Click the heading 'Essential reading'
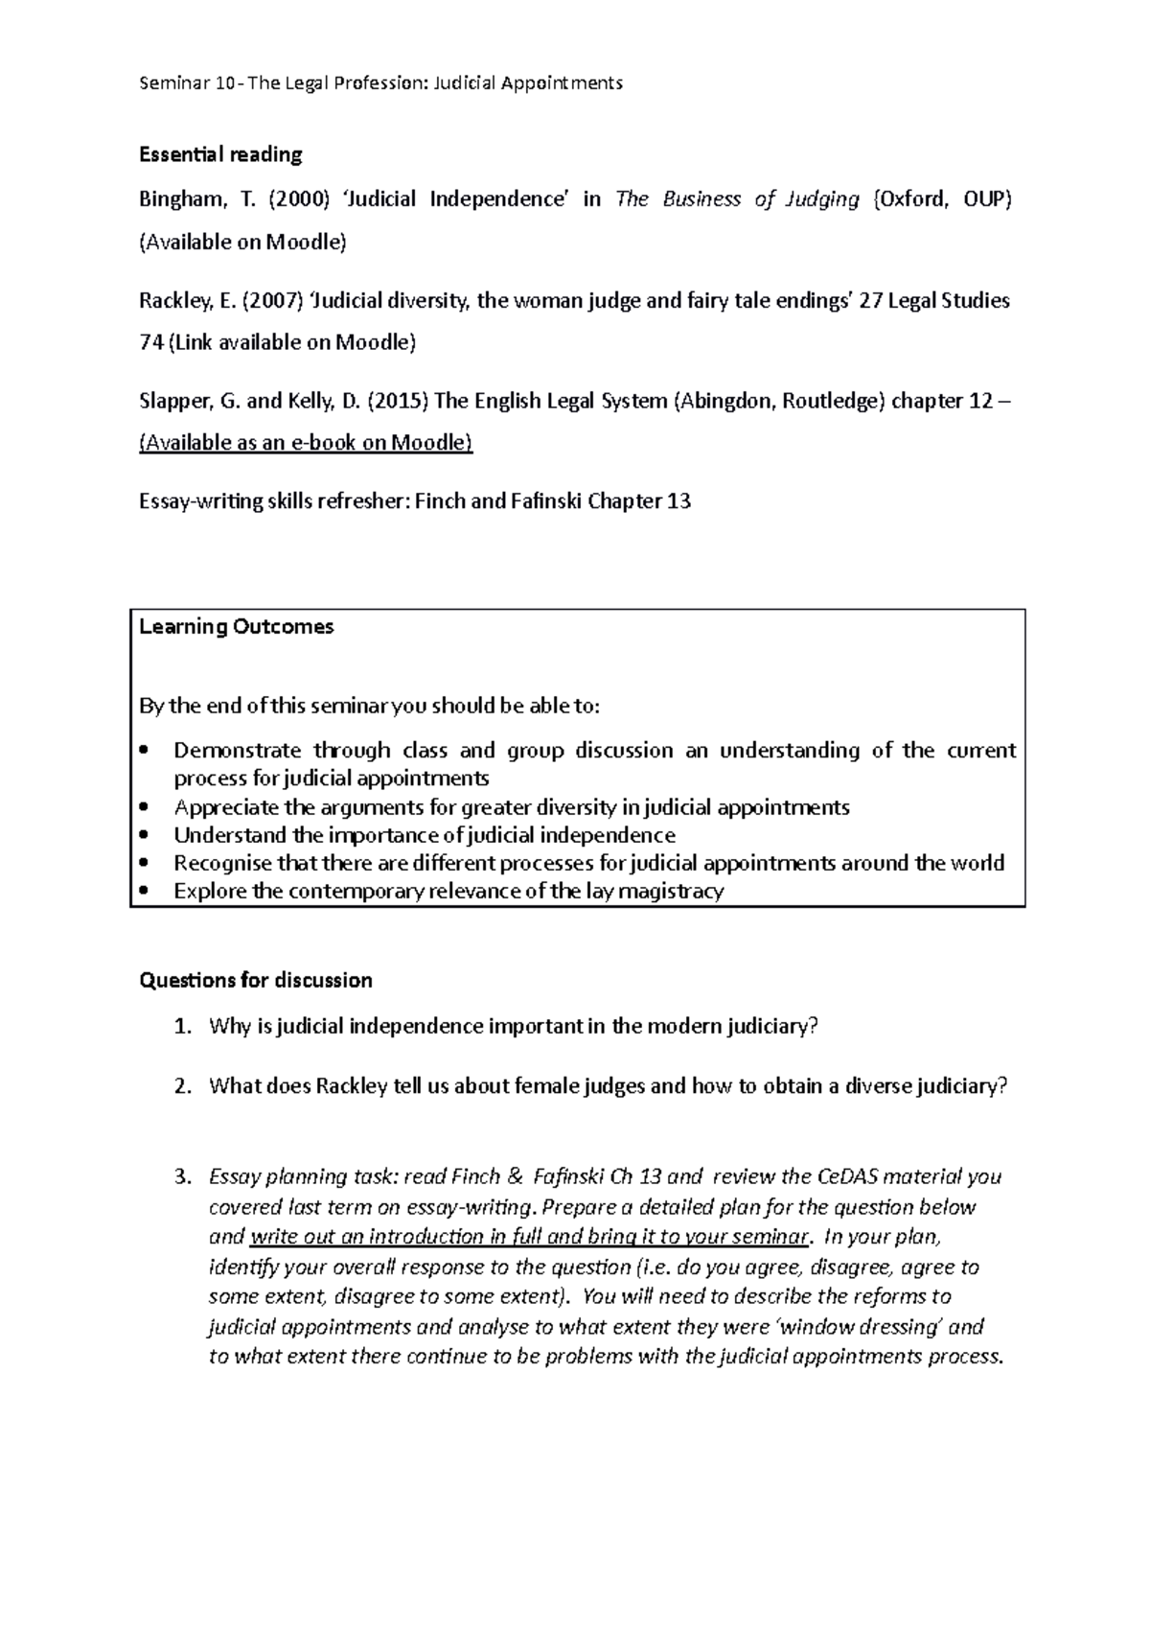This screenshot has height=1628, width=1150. click(x=220, y=154)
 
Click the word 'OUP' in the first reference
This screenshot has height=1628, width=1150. click(x=986, y=199)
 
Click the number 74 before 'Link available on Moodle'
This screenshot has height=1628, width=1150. click(x=151, y=342)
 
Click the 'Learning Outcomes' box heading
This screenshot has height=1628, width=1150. click(x=237, y=627)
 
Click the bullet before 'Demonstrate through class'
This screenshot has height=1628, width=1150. click(x=145, y=750)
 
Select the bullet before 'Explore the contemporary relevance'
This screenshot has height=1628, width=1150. click(x=145, y=892)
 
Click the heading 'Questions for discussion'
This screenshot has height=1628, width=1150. click(x=256, y=981)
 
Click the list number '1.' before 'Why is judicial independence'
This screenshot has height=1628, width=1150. click(x=183, y=1028)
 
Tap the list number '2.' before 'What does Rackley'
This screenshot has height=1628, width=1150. click(x=183, y=1087)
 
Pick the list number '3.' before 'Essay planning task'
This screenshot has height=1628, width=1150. click(x=183, y=1177)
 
